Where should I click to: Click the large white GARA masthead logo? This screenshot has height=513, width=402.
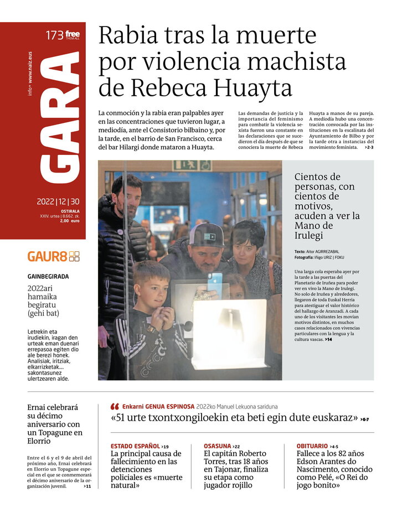tap(60, 116)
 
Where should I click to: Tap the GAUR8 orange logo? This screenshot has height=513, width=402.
tap(53, 256)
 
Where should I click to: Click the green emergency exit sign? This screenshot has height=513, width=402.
tap(192, 165)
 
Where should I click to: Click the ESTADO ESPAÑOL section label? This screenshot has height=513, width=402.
tap(135, 446)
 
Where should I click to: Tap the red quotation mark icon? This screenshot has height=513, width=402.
tap(115, 406)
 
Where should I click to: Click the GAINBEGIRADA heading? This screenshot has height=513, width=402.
tap(48, 277)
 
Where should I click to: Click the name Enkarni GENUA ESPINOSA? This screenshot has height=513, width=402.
tap(158, 406)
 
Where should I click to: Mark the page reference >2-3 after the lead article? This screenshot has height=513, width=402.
tap(368, 147)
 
